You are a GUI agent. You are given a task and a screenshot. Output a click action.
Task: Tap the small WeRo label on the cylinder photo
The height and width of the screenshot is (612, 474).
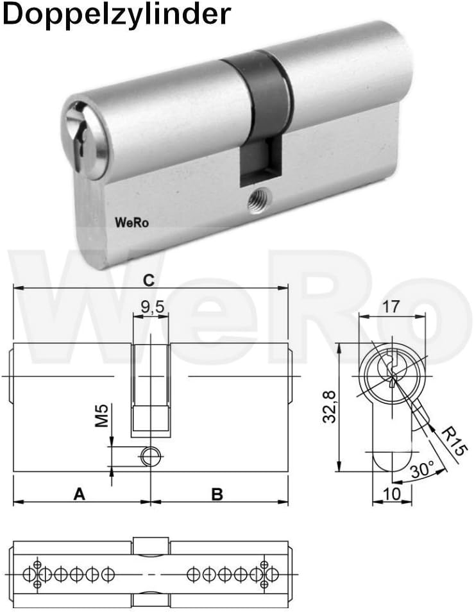(131, 223)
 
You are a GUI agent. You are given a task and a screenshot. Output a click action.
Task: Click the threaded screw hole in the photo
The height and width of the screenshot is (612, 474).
(258, 201)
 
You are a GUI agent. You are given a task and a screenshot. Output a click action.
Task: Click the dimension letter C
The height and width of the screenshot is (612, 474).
(149, 280)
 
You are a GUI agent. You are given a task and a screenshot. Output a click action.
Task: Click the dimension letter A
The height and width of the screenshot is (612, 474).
(79, 494)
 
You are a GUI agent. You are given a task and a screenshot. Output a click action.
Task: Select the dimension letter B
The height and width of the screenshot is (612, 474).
(217, 494)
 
